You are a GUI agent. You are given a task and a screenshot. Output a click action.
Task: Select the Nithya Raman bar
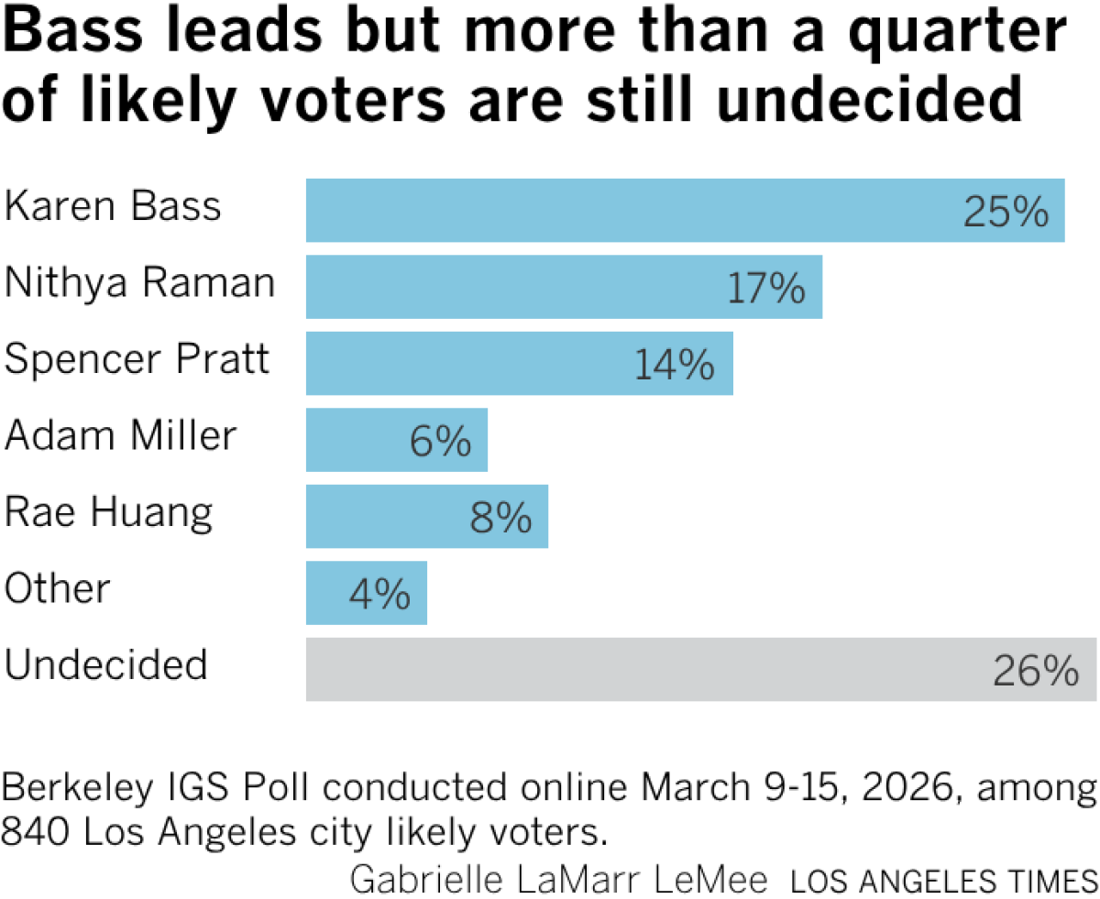[513, 287]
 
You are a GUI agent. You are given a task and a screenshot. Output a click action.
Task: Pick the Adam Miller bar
[367, 440]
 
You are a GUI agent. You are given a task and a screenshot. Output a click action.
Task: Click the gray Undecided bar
[642, 669]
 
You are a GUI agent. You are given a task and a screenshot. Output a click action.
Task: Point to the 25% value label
[1005, 213]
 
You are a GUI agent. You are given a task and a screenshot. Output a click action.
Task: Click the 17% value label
[766, 289]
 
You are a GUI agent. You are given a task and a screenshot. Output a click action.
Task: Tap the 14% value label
[674, 366]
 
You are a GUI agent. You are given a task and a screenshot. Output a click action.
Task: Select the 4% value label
[379, 596]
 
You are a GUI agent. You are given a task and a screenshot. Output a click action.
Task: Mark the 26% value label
[1035, 672]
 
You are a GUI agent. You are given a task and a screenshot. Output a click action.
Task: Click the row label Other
[57, 588]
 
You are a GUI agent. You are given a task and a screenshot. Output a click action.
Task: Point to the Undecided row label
[105, 664]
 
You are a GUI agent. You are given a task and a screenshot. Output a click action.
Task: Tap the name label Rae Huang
[108, 512]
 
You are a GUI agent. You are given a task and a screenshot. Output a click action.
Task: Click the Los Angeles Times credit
[943, 881]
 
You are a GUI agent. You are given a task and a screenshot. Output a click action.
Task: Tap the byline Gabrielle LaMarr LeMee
[558, 880]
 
